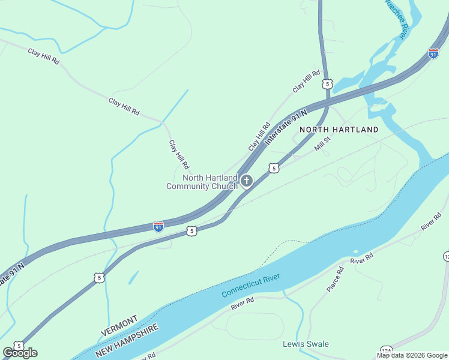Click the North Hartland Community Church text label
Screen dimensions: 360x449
click(202, 182)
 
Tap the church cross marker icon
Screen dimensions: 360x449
click(246, 181)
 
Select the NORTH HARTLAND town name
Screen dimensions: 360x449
click(339, 130)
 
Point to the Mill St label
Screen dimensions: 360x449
click(323, 143)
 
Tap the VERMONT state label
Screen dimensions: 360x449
click(119, 325)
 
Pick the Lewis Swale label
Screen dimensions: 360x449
click(306, 344)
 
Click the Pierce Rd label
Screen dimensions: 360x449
click(335, 280)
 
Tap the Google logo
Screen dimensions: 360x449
click(20, 353)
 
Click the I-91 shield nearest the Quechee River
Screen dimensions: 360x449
click(433, 53)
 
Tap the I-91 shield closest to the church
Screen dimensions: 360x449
click(158, 226)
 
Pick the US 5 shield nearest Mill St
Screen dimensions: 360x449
click(274, 169)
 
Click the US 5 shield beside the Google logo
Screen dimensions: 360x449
click(19, 346)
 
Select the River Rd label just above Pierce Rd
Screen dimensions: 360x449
click(361, 258)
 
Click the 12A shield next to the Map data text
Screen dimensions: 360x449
click(386, 351)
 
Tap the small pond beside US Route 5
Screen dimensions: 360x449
click(133, 277)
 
